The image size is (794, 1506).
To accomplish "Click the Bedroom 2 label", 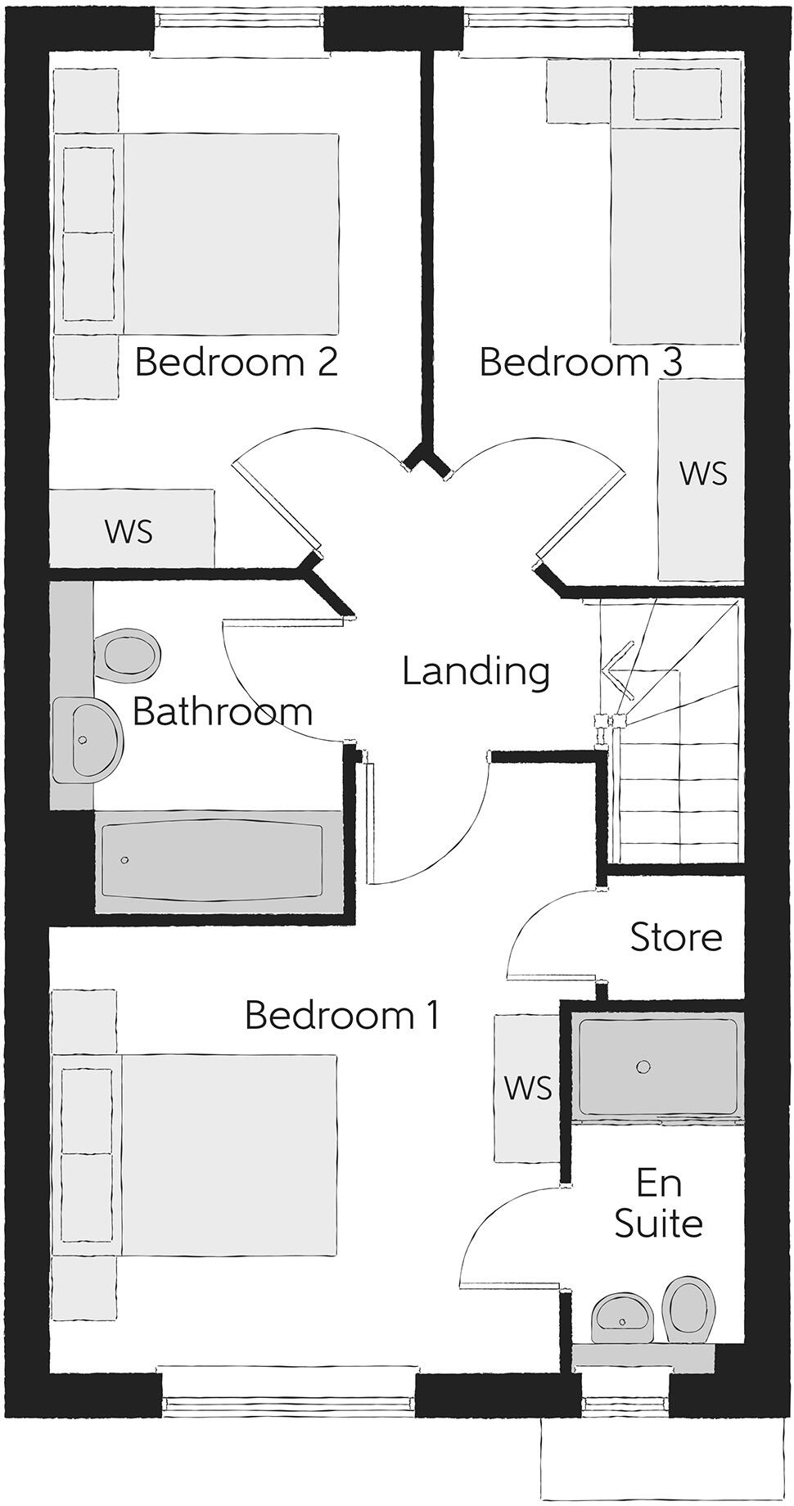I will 236,362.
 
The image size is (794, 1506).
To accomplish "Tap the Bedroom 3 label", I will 580,362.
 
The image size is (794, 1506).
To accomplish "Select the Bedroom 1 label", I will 342,1015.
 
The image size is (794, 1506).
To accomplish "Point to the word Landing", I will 476,671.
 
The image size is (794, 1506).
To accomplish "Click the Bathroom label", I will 222,711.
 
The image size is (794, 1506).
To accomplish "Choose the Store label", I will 676,937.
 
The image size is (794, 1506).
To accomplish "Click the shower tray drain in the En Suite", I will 643,1066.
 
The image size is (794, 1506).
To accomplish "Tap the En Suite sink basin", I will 622,1316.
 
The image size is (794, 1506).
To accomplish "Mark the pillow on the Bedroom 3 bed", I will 676,93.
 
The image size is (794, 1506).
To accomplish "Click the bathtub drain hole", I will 124,860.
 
